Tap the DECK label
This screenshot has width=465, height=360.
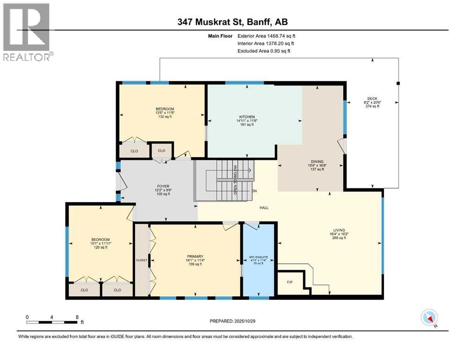(372, 98)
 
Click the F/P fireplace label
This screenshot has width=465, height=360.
(289, 283)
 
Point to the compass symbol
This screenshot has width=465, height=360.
(429, 317)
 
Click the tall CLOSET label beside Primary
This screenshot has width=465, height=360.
(141, 260)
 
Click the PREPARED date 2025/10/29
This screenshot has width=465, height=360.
(233, 321)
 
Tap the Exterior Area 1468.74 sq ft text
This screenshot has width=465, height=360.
(266, 36)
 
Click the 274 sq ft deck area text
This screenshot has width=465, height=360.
(372, 106)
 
